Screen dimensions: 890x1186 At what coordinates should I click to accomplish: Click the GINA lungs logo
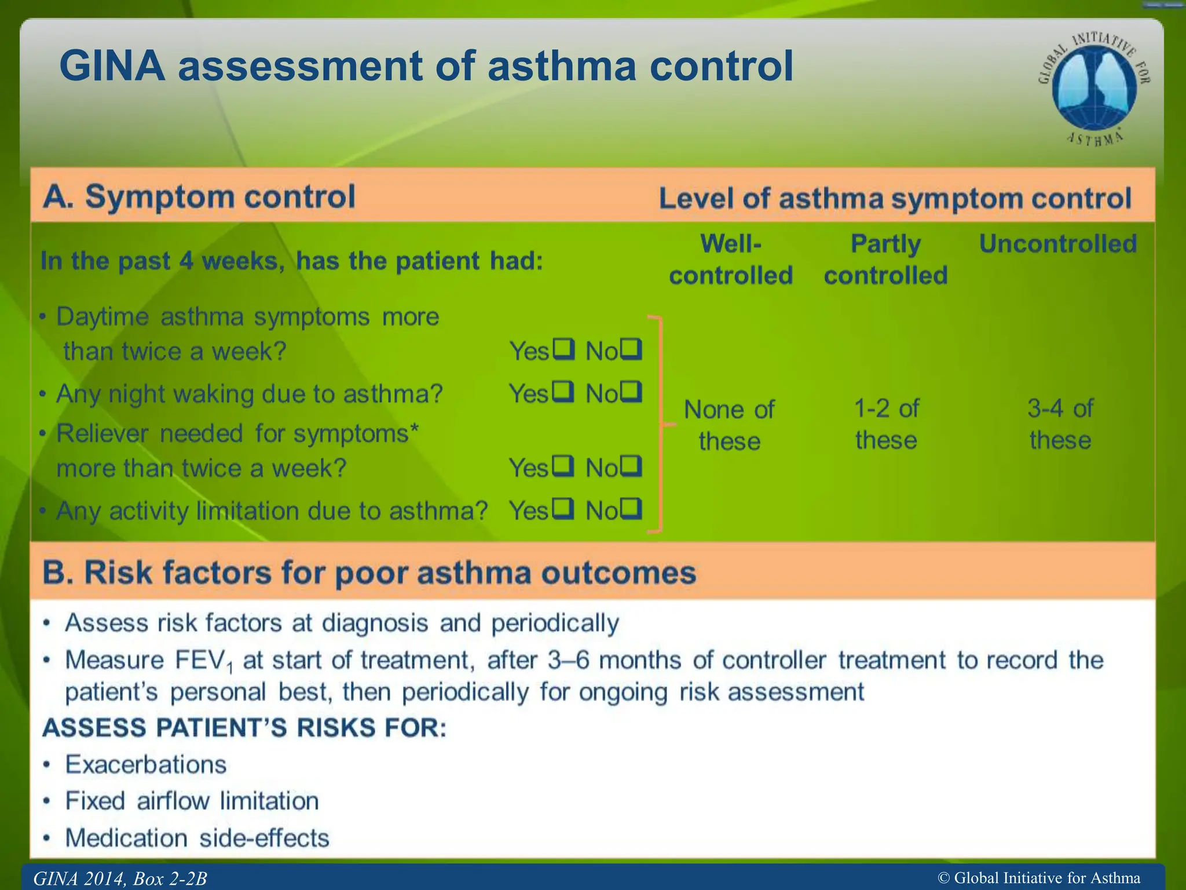point(1093,87)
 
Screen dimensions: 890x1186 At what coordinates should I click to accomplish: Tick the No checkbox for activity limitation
point(631,509)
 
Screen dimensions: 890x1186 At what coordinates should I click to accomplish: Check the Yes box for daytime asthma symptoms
point(563,349)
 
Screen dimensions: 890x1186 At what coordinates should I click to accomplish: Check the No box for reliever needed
point(631,466)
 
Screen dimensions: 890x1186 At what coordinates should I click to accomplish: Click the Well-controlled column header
point(731,259)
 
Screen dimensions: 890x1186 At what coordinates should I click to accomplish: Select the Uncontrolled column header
point(1057,244)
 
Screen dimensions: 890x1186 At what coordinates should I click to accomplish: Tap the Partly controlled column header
point(885,259)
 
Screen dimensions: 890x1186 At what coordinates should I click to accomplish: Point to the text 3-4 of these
point(1060,424)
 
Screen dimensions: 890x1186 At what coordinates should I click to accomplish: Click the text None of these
point(729,425)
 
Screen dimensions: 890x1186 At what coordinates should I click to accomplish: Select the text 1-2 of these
point(886,424)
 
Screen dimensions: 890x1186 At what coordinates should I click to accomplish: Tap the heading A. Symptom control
point(199,196)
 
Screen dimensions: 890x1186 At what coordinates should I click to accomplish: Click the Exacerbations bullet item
point(145,764)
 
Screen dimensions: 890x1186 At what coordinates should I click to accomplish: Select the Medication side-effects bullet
point(197,838)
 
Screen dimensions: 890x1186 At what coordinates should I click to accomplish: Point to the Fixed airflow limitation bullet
point(192,801)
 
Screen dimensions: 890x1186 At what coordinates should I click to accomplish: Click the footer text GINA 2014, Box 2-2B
point(120,878)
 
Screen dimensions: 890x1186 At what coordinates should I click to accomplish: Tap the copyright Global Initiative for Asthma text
point(1039,878)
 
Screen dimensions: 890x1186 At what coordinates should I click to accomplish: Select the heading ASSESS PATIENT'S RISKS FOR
point(244,728)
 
